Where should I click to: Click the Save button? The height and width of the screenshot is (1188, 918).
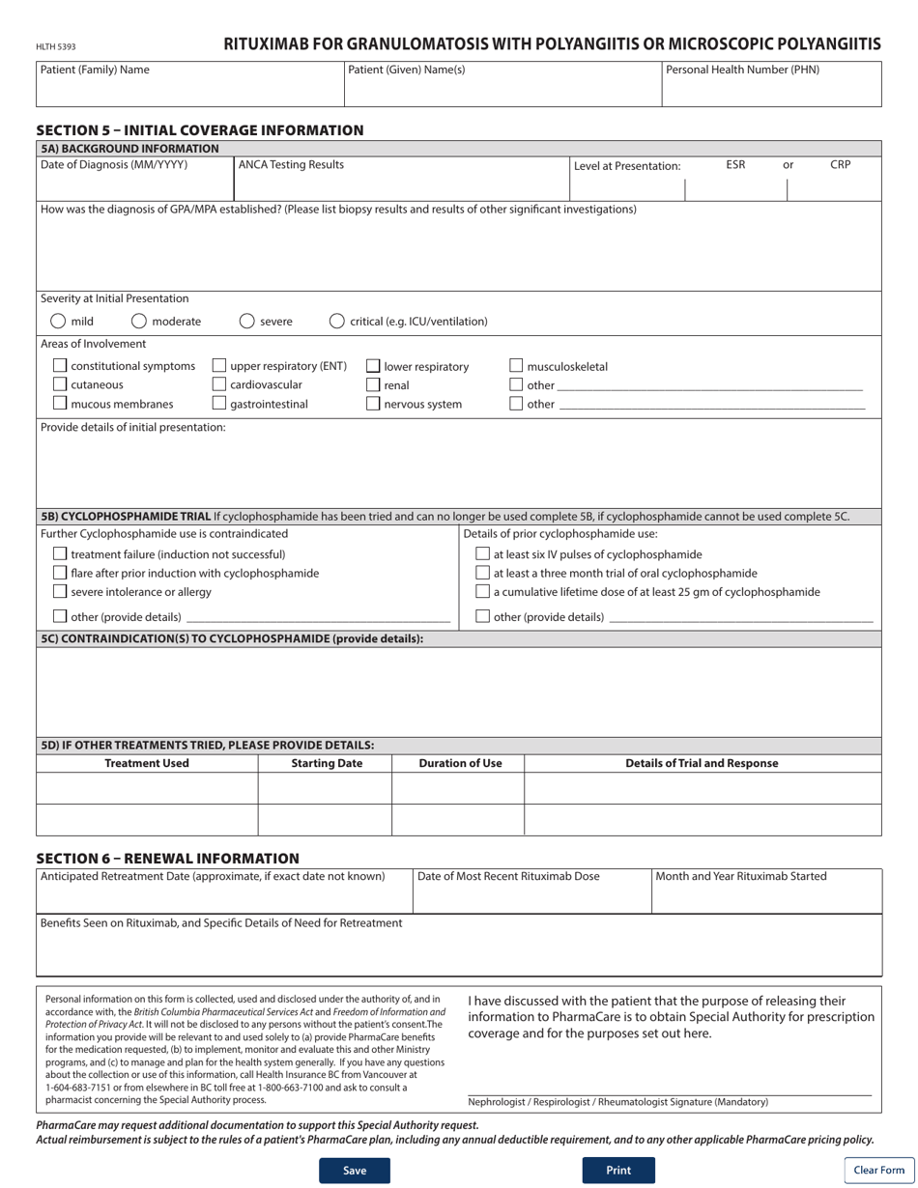[x=355, y=1171]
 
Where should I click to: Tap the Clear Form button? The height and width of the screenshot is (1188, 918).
[x=878, y=1171]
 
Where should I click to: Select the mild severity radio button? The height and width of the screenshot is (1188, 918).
[x=58, y=322]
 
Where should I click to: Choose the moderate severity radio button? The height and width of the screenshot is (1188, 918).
[x=139, y=322]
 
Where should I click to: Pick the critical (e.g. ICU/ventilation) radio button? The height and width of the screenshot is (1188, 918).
[x=336, y=322]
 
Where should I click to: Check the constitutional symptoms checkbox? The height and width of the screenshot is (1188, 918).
[x=60, y=366]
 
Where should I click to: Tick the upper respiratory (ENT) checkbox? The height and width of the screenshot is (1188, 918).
[x=219, y=366]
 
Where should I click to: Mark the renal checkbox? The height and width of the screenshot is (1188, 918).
[x=373, y=385]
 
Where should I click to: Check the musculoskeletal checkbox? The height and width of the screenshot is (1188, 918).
[x=516, y=366]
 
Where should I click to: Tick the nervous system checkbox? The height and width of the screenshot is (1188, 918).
[x=373, y=405]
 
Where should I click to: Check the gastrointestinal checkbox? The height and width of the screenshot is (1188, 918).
[x=219, y=405]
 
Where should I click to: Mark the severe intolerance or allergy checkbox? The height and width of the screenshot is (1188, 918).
[x=60, y=592]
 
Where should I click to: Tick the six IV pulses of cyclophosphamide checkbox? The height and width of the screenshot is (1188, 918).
[x=483, y=554]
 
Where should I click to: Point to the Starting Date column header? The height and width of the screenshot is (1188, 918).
[x=327, y=763]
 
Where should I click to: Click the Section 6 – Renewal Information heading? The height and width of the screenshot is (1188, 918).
[x=167, y=858]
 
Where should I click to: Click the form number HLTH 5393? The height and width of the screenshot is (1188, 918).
[x=55, y=46]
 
